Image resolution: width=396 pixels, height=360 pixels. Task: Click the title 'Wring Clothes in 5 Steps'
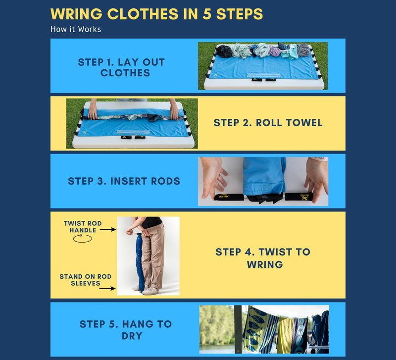click(156, 14)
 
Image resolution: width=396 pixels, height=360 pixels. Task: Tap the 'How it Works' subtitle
click(75, 29)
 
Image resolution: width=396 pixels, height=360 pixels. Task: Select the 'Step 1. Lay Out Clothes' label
click(121, 67)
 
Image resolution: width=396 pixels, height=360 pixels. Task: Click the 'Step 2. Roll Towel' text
click(268, 123)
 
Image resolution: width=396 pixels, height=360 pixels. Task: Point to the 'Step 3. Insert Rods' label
click(124, 181)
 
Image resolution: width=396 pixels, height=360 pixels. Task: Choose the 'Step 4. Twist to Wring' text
click(263, 258)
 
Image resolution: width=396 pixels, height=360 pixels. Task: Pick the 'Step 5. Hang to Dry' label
click(125, 330)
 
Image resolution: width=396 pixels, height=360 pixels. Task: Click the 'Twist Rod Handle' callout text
click(83, 227)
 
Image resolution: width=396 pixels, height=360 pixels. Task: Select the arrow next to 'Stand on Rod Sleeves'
click(108, 287)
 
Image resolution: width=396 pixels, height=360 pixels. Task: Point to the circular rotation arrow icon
click(83, 239)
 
